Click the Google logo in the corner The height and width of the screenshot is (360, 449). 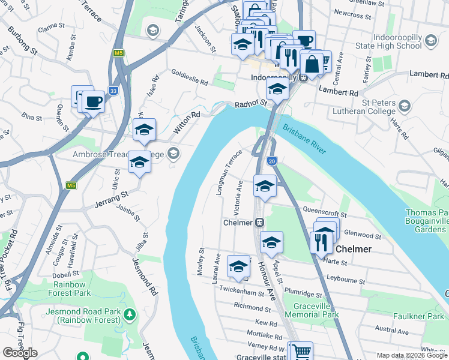[19, 353]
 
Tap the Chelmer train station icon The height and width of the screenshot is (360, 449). [260, 222]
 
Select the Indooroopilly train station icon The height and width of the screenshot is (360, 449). [304, 77]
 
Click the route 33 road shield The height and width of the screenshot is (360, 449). [113, 91]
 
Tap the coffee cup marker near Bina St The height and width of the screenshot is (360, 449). [93, 102]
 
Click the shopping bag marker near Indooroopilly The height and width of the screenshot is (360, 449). [312, 63]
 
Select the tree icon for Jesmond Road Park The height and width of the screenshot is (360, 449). [128, 314]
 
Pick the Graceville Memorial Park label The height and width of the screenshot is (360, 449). [312, 310]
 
